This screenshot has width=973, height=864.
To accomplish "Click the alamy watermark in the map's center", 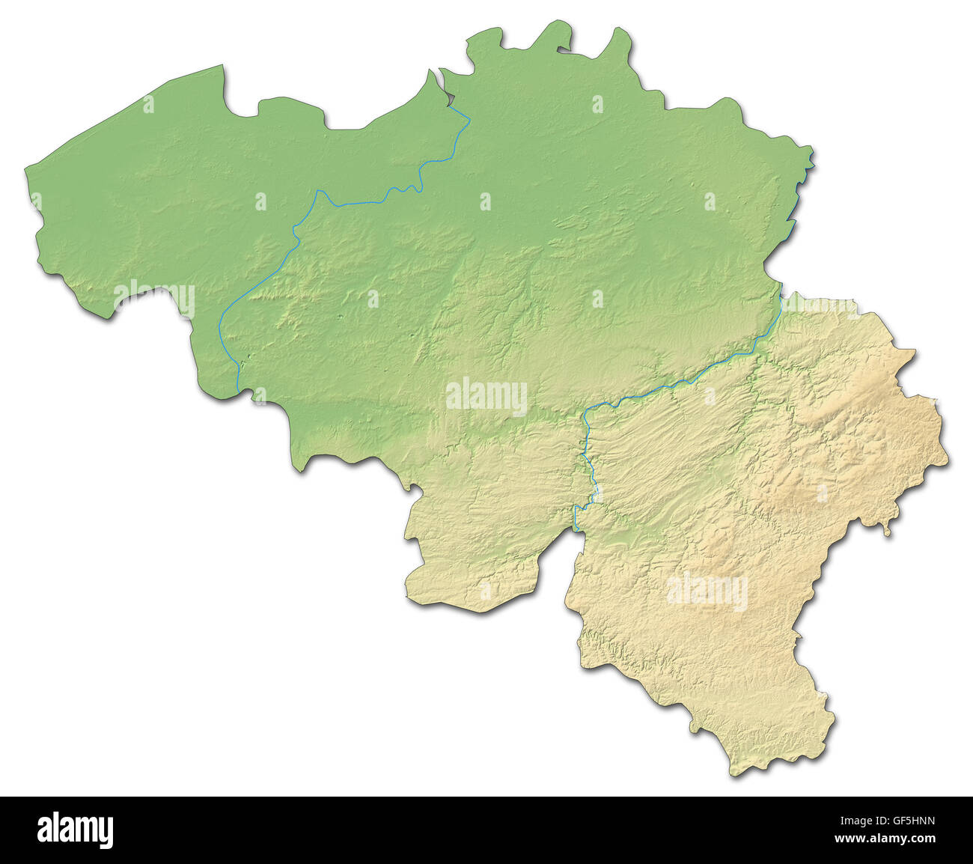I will pyautogui.click(x=487, y=396).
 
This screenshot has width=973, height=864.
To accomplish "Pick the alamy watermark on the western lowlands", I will pyautogui.click(x=154, y=297).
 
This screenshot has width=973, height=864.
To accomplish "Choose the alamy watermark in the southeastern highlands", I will pyautogui.click(x=707, y=591).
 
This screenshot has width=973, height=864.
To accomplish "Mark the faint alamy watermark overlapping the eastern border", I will pyautogui.click(x=820, y=307).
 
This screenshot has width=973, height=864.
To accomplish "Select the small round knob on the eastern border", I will pyautogui.click(x=888, y=532).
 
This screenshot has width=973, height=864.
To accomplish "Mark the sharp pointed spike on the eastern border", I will pyautogui.click(x=912, y=351).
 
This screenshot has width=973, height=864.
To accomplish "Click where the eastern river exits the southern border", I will pyautogui.click(x=576, y=529).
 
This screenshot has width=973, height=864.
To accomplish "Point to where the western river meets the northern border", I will pyautogui.click(x=452, y=106).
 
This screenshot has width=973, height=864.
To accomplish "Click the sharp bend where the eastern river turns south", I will pyautogui.click(x=586, y=413).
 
